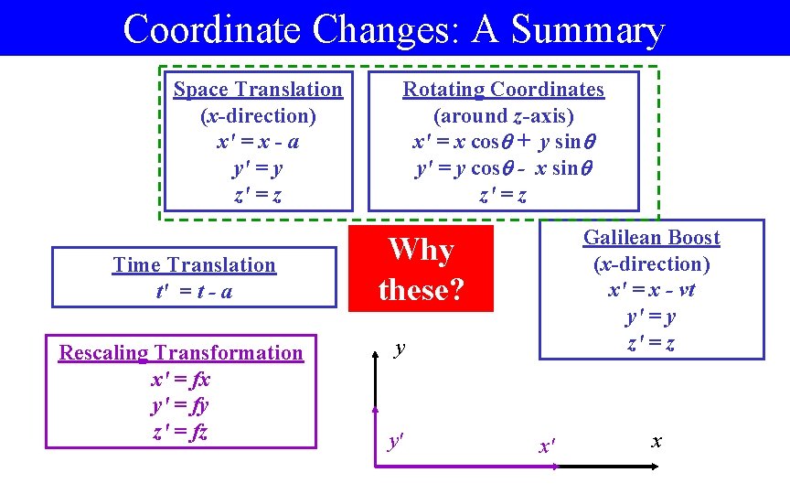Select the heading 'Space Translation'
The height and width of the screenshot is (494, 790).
(258, 90)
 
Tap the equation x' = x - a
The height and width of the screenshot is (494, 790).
(258, 143)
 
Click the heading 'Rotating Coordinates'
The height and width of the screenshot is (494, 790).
(504, 90)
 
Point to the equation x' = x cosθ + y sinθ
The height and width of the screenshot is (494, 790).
(504, 143)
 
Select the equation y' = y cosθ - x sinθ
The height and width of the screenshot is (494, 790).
(504, 169)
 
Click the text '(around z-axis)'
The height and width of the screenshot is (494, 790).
(504, 116)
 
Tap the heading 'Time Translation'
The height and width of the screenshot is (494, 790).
(194, 265)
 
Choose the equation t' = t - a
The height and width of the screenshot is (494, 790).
(194, 292)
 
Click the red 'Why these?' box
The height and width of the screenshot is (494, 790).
(421, 269)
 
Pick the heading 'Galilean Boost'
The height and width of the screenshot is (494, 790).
(652, 238)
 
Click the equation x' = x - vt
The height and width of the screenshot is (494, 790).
(652, 290)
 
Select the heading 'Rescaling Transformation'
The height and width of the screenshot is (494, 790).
(181, 353)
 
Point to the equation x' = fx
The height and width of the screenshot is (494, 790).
(181, 380)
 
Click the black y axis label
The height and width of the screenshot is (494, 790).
(400, 349)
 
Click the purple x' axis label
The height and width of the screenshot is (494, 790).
(547, 446)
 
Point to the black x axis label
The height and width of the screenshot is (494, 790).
(656, 441)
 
